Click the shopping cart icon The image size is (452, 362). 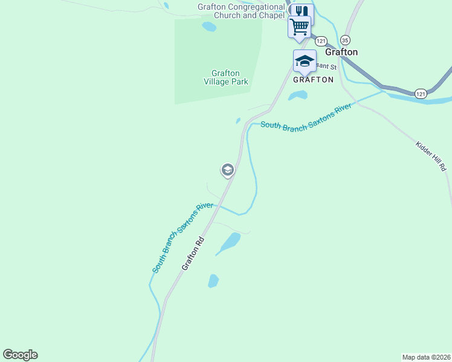pos(300,27)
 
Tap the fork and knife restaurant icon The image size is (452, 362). pos(300,11)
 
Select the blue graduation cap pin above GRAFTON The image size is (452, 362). pos(305,61)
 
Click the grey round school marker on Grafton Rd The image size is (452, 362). pos(228,170)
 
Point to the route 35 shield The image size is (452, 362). pos(345,40)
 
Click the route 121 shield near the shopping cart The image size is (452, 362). pos(320,41)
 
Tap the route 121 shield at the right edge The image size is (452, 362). pos(421,93)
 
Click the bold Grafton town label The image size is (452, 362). pos(341,52)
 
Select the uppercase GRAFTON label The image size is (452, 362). pos(313,79)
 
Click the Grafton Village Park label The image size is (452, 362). pos(225,78)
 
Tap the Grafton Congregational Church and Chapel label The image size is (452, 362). pos(241,11)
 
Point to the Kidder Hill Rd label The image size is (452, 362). pos(431,156)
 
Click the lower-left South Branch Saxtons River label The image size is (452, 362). pos(182,238)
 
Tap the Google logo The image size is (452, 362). pos(20,355)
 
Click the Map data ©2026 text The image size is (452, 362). pos(426,357)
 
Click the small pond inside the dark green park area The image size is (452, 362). pos(209,27)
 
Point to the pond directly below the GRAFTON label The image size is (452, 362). pos(297,95)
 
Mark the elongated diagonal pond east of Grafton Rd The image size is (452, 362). pos(228,243)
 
